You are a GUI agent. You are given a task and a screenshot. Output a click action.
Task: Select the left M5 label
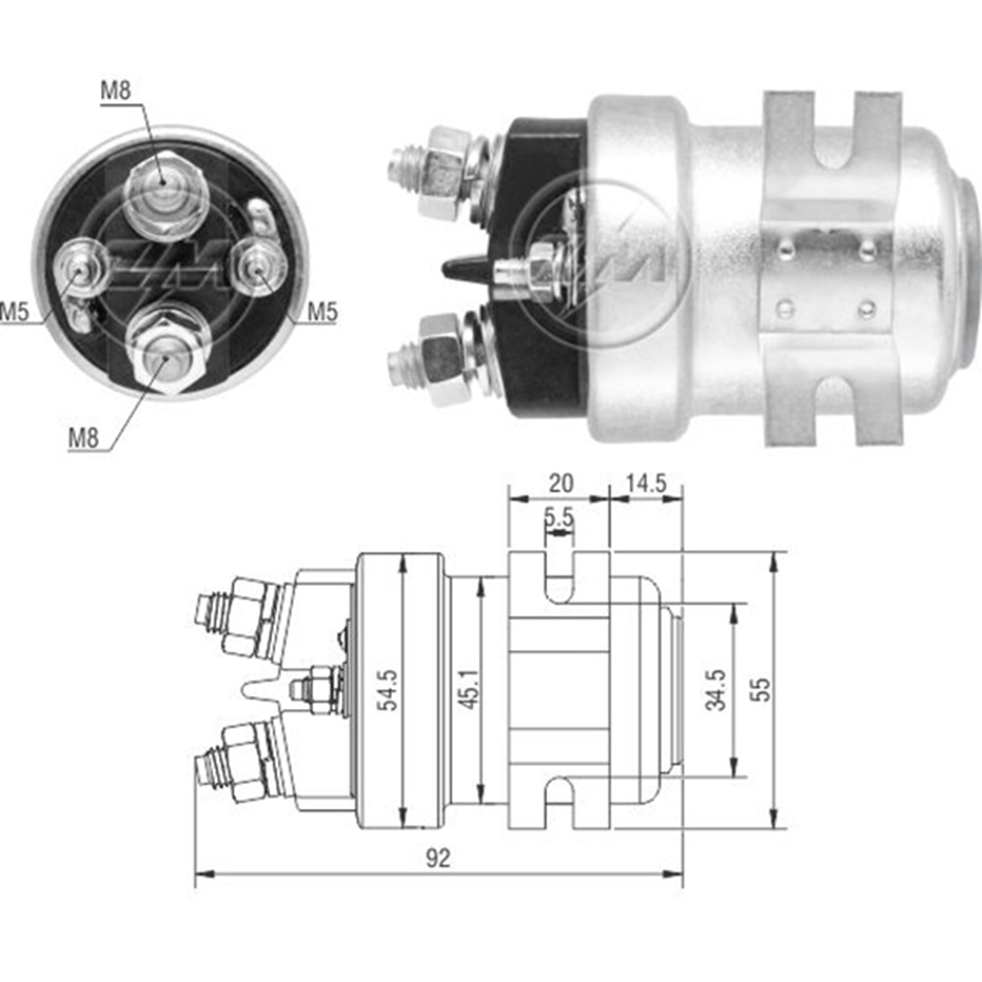pos(14,312)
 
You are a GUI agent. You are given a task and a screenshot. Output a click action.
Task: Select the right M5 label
pos(321,312)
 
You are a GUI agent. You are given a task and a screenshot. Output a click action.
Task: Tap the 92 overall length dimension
pos(438,858)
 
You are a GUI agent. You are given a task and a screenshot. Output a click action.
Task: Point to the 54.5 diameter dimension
pos(390,690)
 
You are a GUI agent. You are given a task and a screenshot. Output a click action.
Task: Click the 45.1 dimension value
pos(466,690)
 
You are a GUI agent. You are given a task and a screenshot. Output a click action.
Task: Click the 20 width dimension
pos(559,482)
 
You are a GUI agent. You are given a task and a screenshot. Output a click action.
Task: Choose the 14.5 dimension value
pos(645,482)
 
